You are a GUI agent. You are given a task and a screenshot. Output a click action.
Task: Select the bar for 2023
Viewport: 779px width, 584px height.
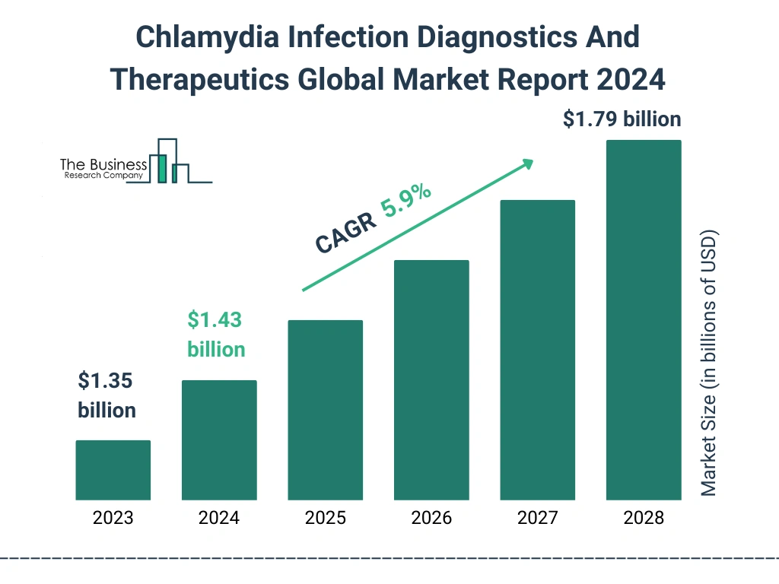113,470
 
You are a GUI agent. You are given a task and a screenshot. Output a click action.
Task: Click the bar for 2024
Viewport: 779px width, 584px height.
219,440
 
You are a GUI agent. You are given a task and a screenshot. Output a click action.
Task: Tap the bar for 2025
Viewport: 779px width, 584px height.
325,410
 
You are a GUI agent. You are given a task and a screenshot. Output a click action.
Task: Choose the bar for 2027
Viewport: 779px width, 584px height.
537,350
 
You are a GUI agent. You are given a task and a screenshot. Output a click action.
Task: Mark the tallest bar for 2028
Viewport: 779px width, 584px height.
644,320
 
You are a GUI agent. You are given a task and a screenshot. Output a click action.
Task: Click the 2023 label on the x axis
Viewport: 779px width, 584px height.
113,519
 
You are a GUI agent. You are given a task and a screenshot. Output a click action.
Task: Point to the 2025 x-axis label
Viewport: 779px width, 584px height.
325,519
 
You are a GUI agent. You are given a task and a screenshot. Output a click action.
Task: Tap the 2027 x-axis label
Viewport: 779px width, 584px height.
537,519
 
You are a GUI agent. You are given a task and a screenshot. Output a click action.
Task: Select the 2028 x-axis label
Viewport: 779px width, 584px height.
644,519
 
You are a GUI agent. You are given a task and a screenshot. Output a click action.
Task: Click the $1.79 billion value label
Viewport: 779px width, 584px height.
622,119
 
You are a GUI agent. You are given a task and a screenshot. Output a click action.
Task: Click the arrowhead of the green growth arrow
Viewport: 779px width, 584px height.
527,163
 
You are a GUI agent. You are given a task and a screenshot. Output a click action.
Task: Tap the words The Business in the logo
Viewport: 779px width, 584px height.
103,165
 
